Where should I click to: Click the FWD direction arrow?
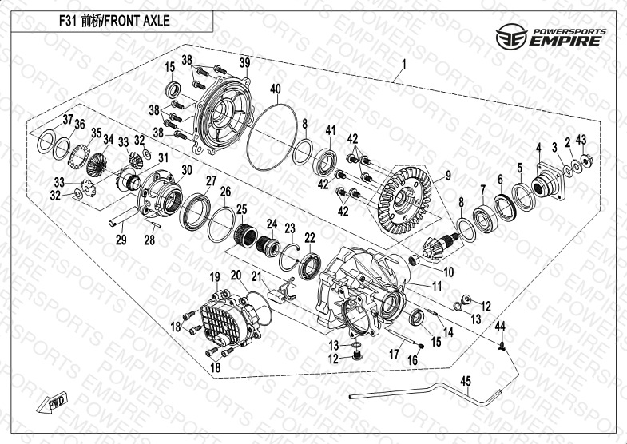53,402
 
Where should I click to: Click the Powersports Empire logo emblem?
511,36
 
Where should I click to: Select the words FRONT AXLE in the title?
137,21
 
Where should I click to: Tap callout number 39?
244,63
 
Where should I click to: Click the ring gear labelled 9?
405,200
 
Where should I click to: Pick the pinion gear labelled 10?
441,246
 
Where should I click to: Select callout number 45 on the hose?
466,381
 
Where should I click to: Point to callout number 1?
404,64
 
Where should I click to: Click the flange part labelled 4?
549,181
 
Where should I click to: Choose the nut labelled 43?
586,160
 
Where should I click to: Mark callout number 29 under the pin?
121,240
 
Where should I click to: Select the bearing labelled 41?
325,162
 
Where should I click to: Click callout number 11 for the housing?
437,286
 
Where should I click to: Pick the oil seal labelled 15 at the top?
173,89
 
